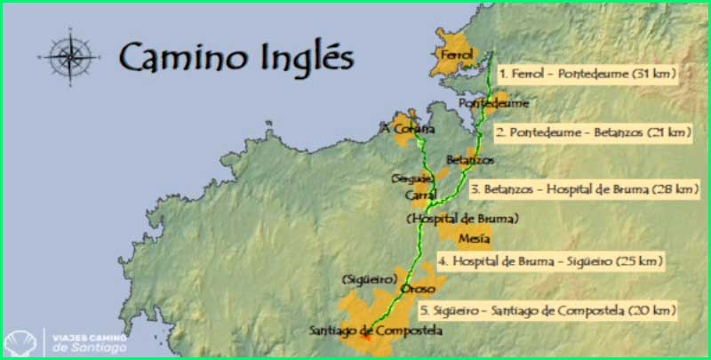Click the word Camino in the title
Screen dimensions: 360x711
[171, 58]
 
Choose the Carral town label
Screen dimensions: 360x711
[419, 194]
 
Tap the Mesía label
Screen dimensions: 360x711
[472, 238]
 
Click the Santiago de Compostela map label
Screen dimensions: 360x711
[374, 331]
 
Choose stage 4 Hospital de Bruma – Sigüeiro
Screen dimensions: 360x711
[550, 262]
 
